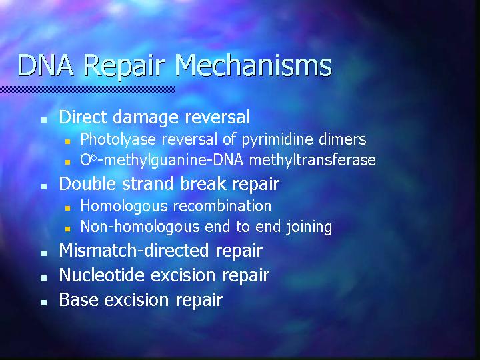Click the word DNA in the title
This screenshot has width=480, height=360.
[45, 65]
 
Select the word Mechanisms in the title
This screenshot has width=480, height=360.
[253, 65]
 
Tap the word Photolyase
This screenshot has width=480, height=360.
[118, 139]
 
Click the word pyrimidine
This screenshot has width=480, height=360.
[277, 139]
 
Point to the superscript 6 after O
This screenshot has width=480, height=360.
[94, 157]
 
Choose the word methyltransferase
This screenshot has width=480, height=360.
[313, 160]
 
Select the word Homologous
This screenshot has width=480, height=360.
[124, 206]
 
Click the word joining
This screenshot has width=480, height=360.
[309, 227]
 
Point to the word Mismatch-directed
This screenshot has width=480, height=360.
[135, 250]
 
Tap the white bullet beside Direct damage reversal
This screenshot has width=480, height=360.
[44, 120]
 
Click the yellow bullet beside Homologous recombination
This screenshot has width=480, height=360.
[67, 208]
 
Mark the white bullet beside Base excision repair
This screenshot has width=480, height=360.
[44, 303]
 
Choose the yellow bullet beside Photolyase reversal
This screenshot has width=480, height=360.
[67, 141]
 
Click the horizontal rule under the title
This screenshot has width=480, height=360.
[87, 89]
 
